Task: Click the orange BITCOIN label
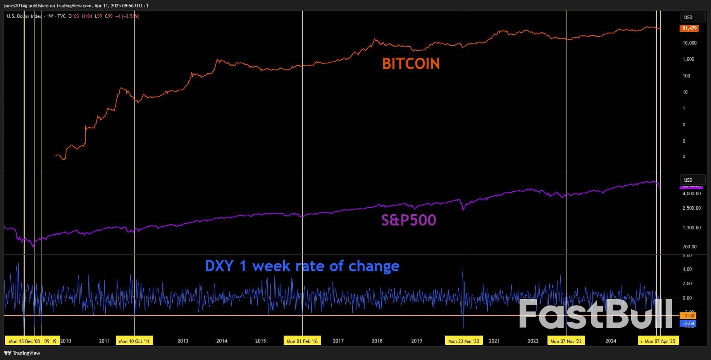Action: (x=411, y=64)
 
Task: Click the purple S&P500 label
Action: (x=408, y=220)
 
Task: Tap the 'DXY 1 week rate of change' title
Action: (x=302, y=266)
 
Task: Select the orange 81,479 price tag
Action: (x=689, y=28)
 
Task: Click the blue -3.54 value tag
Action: (x=688, y=323)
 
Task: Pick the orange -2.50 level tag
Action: (x=688, y=315)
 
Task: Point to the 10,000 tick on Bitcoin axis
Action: (x=689, y=43)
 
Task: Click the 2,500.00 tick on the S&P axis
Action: (x=691, y=208)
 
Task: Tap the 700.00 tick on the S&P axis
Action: (x=689, y=246)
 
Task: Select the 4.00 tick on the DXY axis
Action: (x=687, y=269)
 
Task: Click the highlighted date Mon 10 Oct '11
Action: (x=134, y=341)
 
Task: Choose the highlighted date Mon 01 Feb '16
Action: (x=302, y=341)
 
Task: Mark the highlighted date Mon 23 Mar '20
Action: (x=463, y=341)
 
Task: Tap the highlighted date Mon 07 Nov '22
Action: (x=566, y=341)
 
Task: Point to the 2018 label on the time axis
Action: (x=377, y=341)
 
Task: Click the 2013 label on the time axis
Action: (x=183, y=341)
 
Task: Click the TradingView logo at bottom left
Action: (x=22, y=353)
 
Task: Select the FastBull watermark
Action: (x=596, y=314)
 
